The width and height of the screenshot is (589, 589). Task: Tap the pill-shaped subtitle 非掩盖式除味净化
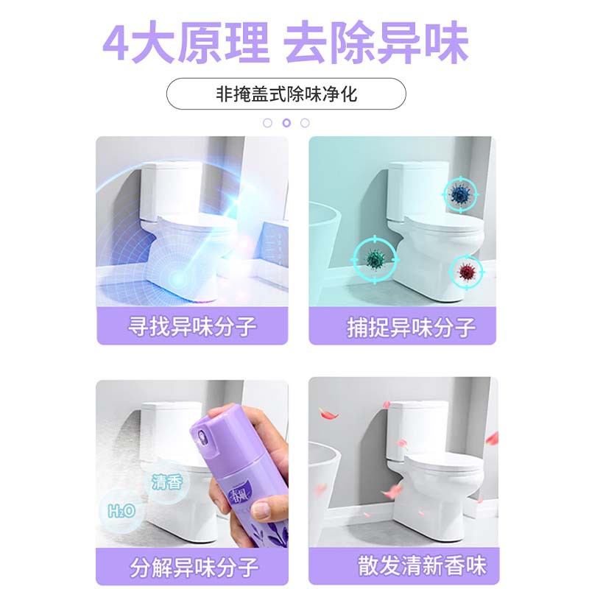[x=286, y=94]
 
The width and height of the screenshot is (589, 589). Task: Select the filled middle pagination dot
[x=286, y=123]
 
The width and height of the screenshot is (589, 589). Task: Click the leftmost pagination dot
[x=267, y=123]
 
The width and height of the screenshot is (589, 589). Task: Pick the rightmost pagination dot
[x=305, y=123]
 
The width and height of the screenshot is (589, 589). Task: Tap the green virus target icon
[x=375, y=259]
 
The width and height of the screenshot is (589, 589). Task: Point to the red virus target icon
[x=467, y=272]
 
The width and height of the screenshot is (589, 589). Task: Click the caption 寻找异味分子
[x=192, y=326]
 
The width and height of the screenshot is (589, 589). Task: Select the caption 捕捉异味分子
[x=411, y=328]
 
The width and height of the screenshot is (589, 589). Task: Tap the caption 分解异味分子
[x=194, y=567]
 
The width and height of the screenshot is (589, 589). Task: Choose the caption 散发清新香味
[x=422, y=565]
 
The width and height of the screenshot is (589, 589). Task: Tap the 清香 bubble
[x=168, y=482]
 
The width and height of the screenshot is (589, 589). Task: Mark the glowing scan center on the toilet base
[x=176, y=279]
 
